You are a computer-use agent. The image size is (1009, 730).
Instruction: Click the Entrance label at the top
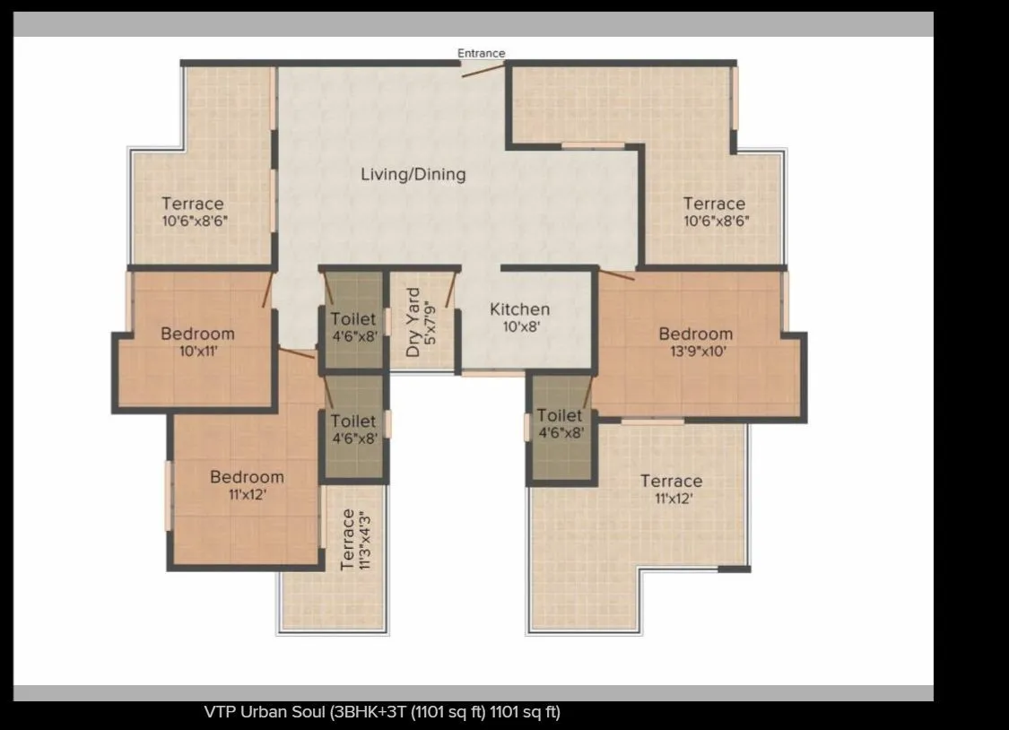click(x=482, y=53)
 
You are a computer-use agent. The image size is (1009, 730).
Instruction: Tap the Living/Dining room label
click(x=413, y=174)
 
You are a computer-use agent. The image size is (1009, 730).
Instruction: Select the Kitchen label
click(x=519, y=309)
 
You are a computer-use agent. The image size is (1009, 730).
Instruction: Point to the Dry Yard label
click(x=413, y=322)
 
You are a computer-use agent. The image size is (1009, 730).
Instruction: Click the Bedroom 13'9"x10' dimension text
click(x=695, y=352)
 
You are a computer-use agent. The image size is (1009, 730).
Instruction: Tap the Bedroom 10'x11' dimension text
click(x=197, y=352)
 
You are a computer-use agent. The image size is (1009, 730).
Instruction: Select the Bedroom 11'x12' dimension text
click(x=247, y=494)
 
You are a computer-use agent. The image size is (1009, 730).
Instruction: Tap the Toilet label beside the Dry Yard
click(x=353, y=318)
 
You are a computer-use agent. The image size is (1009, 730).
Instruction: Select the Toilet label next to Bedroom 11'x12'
click(x=353, y=421)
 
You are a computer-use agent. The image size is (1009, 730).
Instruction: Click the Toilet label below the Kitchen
click(x=561, y=415)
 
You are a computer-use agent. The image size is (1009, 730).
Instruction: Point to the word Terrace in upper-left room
click(x=193, y=204)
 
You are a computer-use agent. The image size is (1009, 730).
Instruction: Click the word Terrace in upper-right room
click(x=714, y=204)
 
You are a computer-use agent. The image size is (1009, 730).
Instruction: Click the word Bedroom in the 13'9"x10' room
click(x=695, y=335)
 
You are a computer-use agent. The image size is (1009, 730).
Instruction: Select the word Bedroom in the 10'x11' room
click(x=197, y=335)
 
